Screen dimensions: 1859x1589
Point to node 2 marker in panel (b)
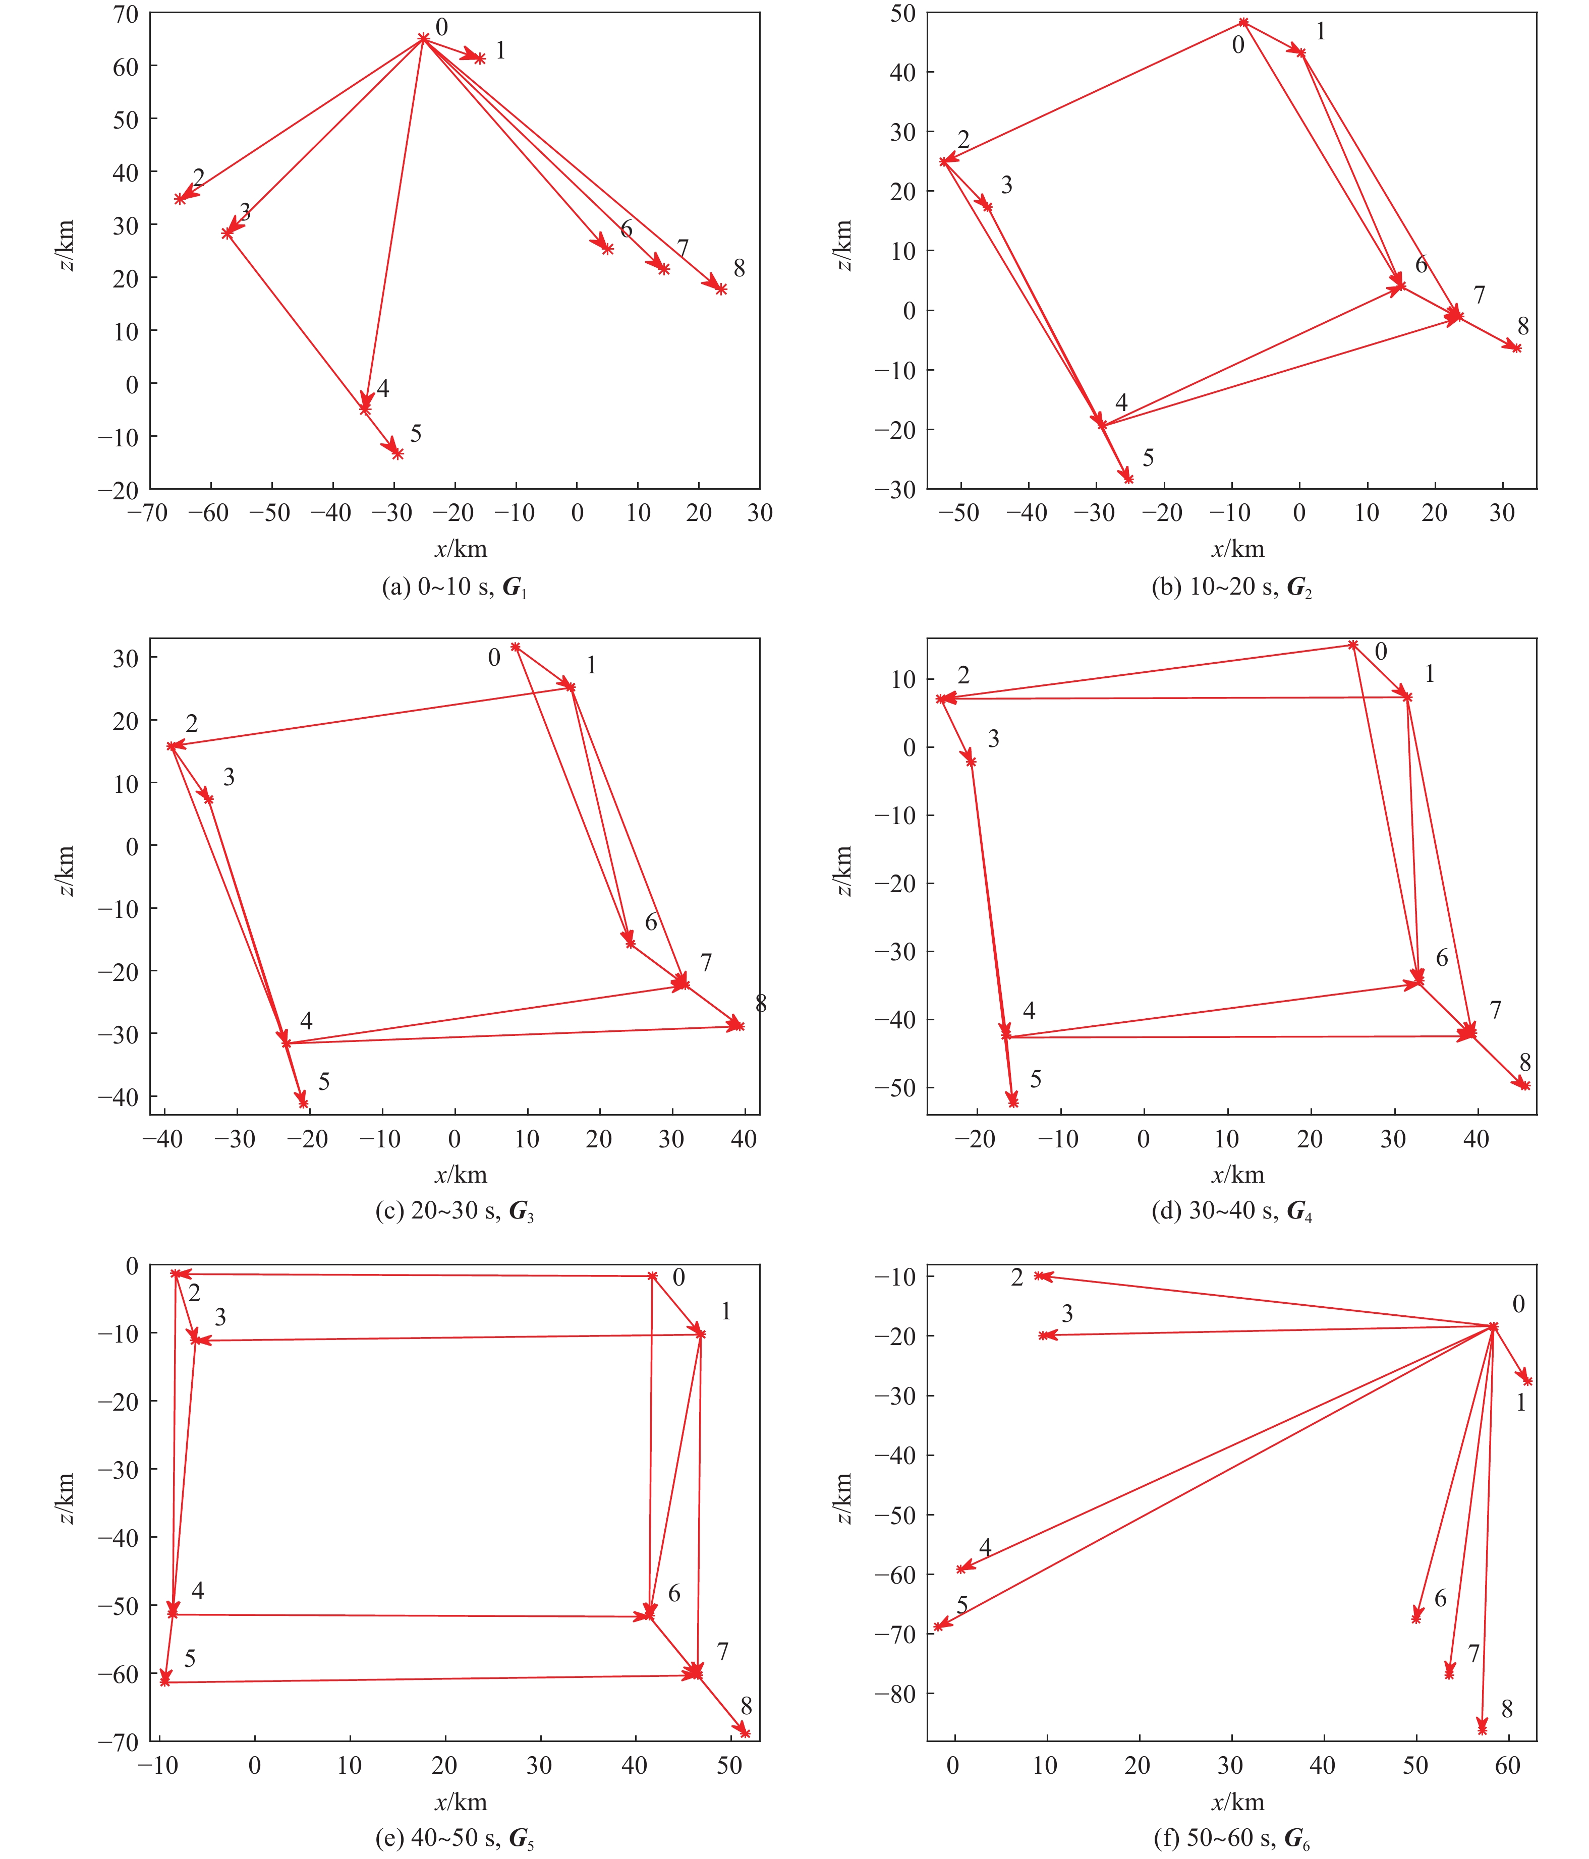pos(944,161)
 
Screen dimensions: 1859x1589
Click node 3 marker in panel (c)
pos(209,798)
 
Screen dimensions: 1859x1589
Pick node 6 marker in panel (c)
pos(631,943)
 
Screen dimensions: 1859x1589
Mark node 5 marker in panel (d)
pos(1013,1101)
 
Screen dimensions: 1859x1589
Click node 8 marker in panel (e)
pos(745,1731)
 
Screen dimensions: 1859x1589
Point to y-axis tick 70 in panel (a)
pos(126,14)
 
